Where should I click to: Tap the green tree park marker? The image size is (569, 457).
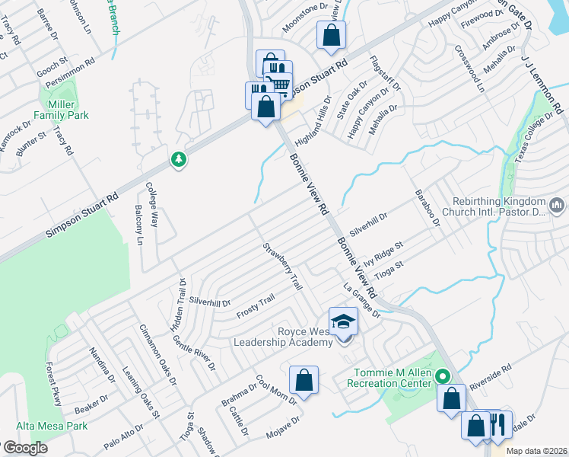179,159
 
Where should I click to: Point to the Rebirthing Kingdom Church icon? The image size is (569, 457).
557,204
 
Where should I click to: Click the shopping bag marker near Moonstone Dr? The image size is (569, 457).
331,34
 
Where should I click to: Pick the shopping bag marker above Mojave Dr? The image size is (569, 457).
304,379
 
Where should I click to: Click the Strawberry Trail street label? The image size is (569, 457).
283,266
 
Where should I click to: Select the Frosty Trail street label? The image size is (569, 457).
255,307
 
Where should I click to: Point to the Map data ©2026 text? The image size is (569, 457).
536,451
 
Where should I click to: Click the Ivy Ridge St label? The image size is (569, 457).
383,251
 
